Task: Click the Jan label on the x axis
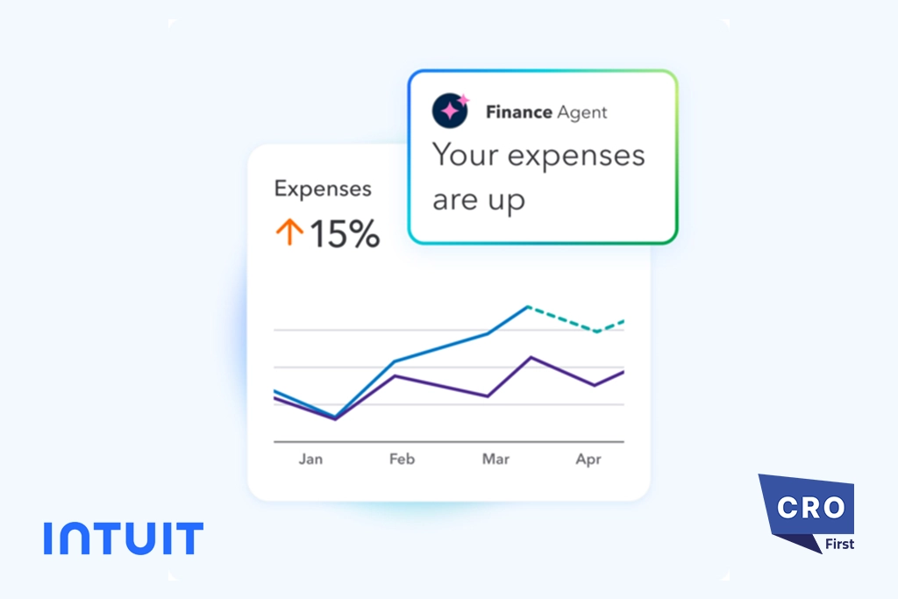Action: click(x=310, y=459)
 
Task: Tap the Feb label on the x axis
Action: click(x=402, y=459)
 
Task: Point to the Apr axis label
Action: click(x=588, y=459)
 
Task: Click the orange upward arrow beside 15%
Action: click(x=289, y=232)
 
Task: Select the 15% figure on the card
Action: click(x=344, y=233)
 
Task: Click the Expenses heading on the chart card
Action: click(x=323, y=189)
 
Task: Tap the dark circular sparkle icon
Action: click(x=451, y=111)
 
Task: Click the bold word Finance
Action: click(x=518, y=112)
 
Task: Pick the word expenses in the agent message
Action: click(x=576, y=157)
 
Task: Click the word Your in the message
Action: click(x=465, y=155)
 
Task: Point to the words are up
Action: click(x=479, y=201)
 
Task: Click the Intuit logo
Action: click(x=123, y=538)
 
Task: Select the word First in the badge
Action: click(x=839, y=544)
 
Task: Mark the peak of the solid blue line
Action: click(x=528, y=306)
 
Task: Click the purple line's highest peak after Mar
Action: click(x=530, y=357)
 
